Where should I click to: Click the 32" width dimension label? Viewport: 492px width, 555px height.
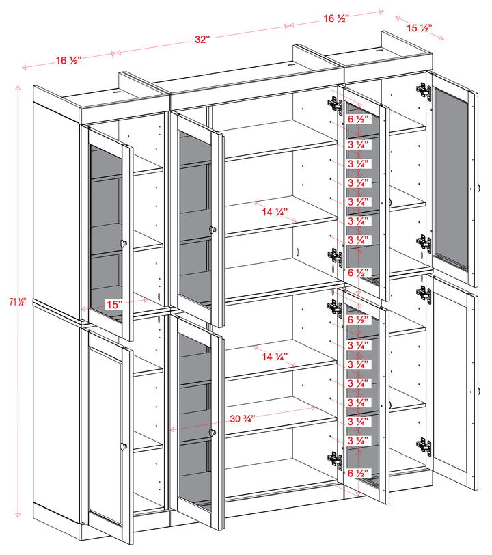[201, 40]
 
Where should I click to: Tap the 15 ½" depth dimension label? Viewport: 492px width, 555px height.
[419, 28]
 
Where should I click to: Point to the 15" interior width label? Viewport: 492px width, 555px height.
[114, 303]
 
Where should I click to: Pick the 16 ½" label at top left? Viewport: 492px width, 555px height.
[68, 61]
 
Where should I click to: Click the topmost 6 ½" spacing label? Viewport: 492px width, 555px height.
[358, 119]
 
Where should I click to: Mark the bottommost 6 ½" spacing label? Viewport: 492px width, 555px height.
[358, 473]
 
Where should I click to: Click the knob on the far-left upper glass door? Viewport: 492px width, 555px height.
[124, 243]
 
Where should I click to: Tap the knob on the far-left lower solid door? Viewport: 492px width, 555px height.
[124, 446]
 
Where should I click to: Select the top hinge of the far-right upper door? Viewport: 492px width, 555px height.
[424, 90]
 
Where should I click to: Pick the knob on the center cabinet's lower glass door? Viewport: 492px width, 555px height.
[213, 432]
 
